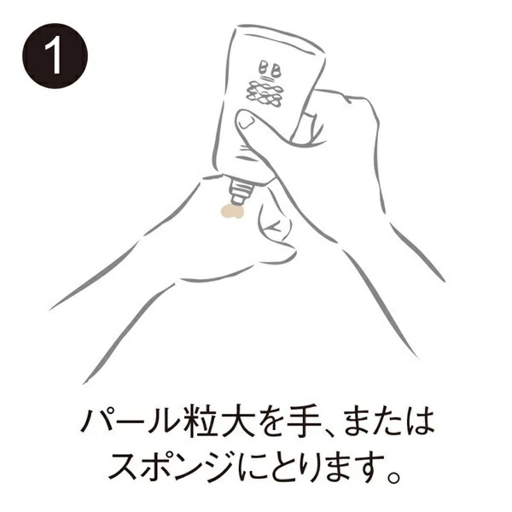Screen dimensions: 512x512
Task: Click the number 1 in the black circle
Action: point(55,56)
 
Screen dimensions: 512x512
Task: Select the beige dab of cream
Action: point(230,209)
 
